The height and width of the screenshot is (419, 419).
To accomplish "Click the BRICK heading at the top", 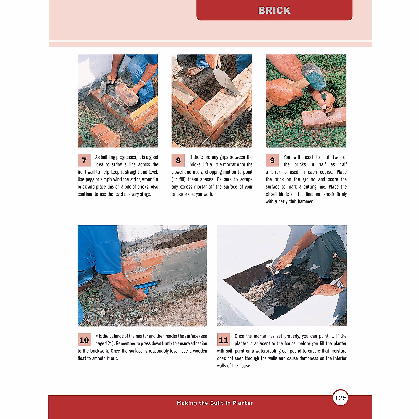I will pos(274,10).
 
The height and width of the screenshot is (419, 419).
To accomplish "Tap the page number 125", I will pos(340,398).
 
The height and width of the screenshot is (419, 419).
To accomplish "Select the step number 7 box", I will pos(84,160).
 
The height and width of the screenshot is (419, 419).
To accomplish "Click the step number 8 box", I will pos(178,160).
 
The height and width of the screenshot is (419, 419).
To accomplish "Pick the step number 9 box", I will pos(272,160).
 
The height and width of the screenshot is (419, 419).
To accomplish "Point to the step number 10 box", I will pos(84,340).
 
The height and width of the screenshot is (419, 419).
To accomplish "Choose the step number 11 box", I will pos(223,340).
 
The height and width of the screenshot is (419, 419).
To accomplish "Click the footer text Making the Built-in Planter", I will pos(215,403).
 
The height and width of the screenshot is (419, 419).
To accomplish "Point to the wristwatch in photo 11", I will pos(340,285).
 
